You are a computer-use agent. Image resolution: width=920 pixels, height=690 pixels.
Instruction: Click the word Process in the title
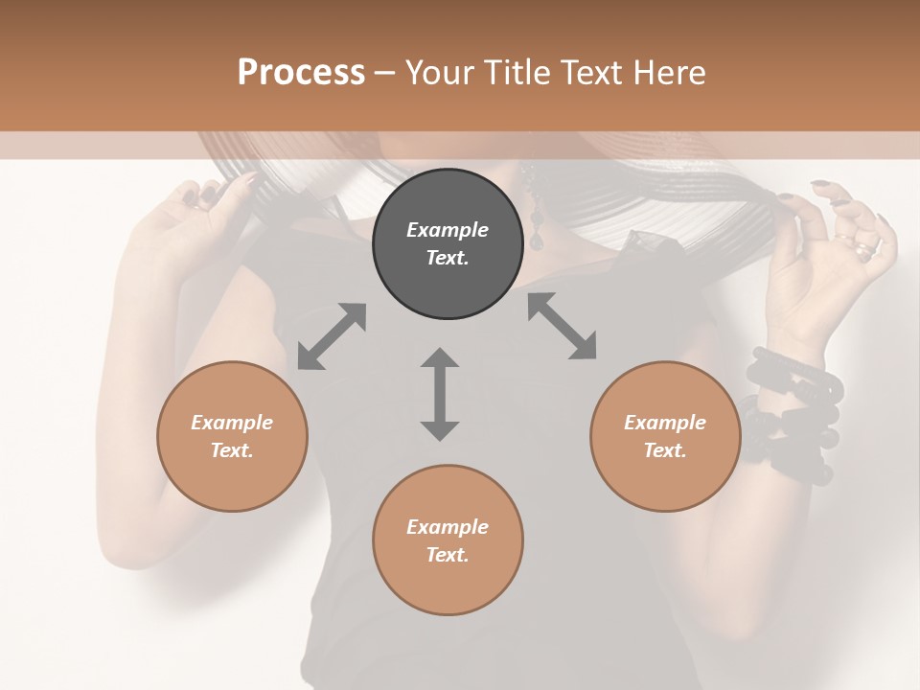coord(301,73)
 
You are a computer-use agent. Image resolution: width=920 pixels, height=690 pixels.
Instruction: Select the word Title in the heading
coord(517,73)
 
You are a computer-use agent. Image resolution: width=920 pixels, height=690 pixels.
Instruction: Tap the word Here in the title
coord(669,73)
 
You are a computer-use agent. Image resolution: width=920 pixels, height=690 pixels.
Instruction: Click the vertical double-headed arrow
coord(440,394)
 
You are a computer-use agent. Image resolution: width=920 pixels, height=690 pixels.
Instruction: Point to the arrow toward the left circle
coord(332,336)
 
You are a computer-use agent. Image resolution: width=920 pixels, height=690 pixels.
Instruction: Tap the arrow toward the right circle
coord(563,326)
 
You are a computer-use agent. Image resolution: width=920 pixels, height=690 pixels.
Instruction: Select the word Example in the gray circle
coord(448,230)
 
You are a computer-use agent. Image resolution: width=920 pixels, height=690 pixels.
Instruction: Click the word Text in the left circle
coord(232,450)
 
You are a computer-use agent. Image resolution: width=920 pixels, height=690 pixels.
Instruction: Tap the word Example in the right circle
coord(665,423)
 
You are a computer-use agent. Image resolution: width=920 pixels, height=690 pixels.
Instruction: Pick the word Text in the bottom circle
coord(448,555)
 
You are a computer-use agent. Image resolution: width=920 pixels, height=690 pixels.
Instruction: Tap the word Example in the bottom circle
coord(448,527)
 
